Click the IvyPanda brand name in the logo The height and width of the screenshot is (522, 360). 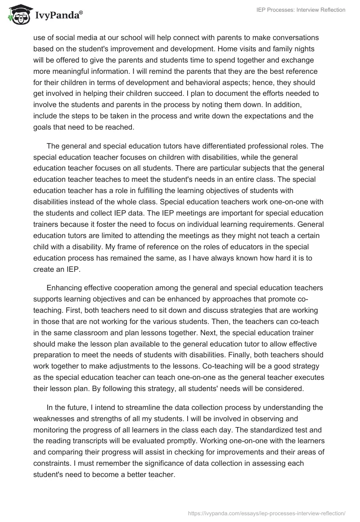click(x=58, y=15)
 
